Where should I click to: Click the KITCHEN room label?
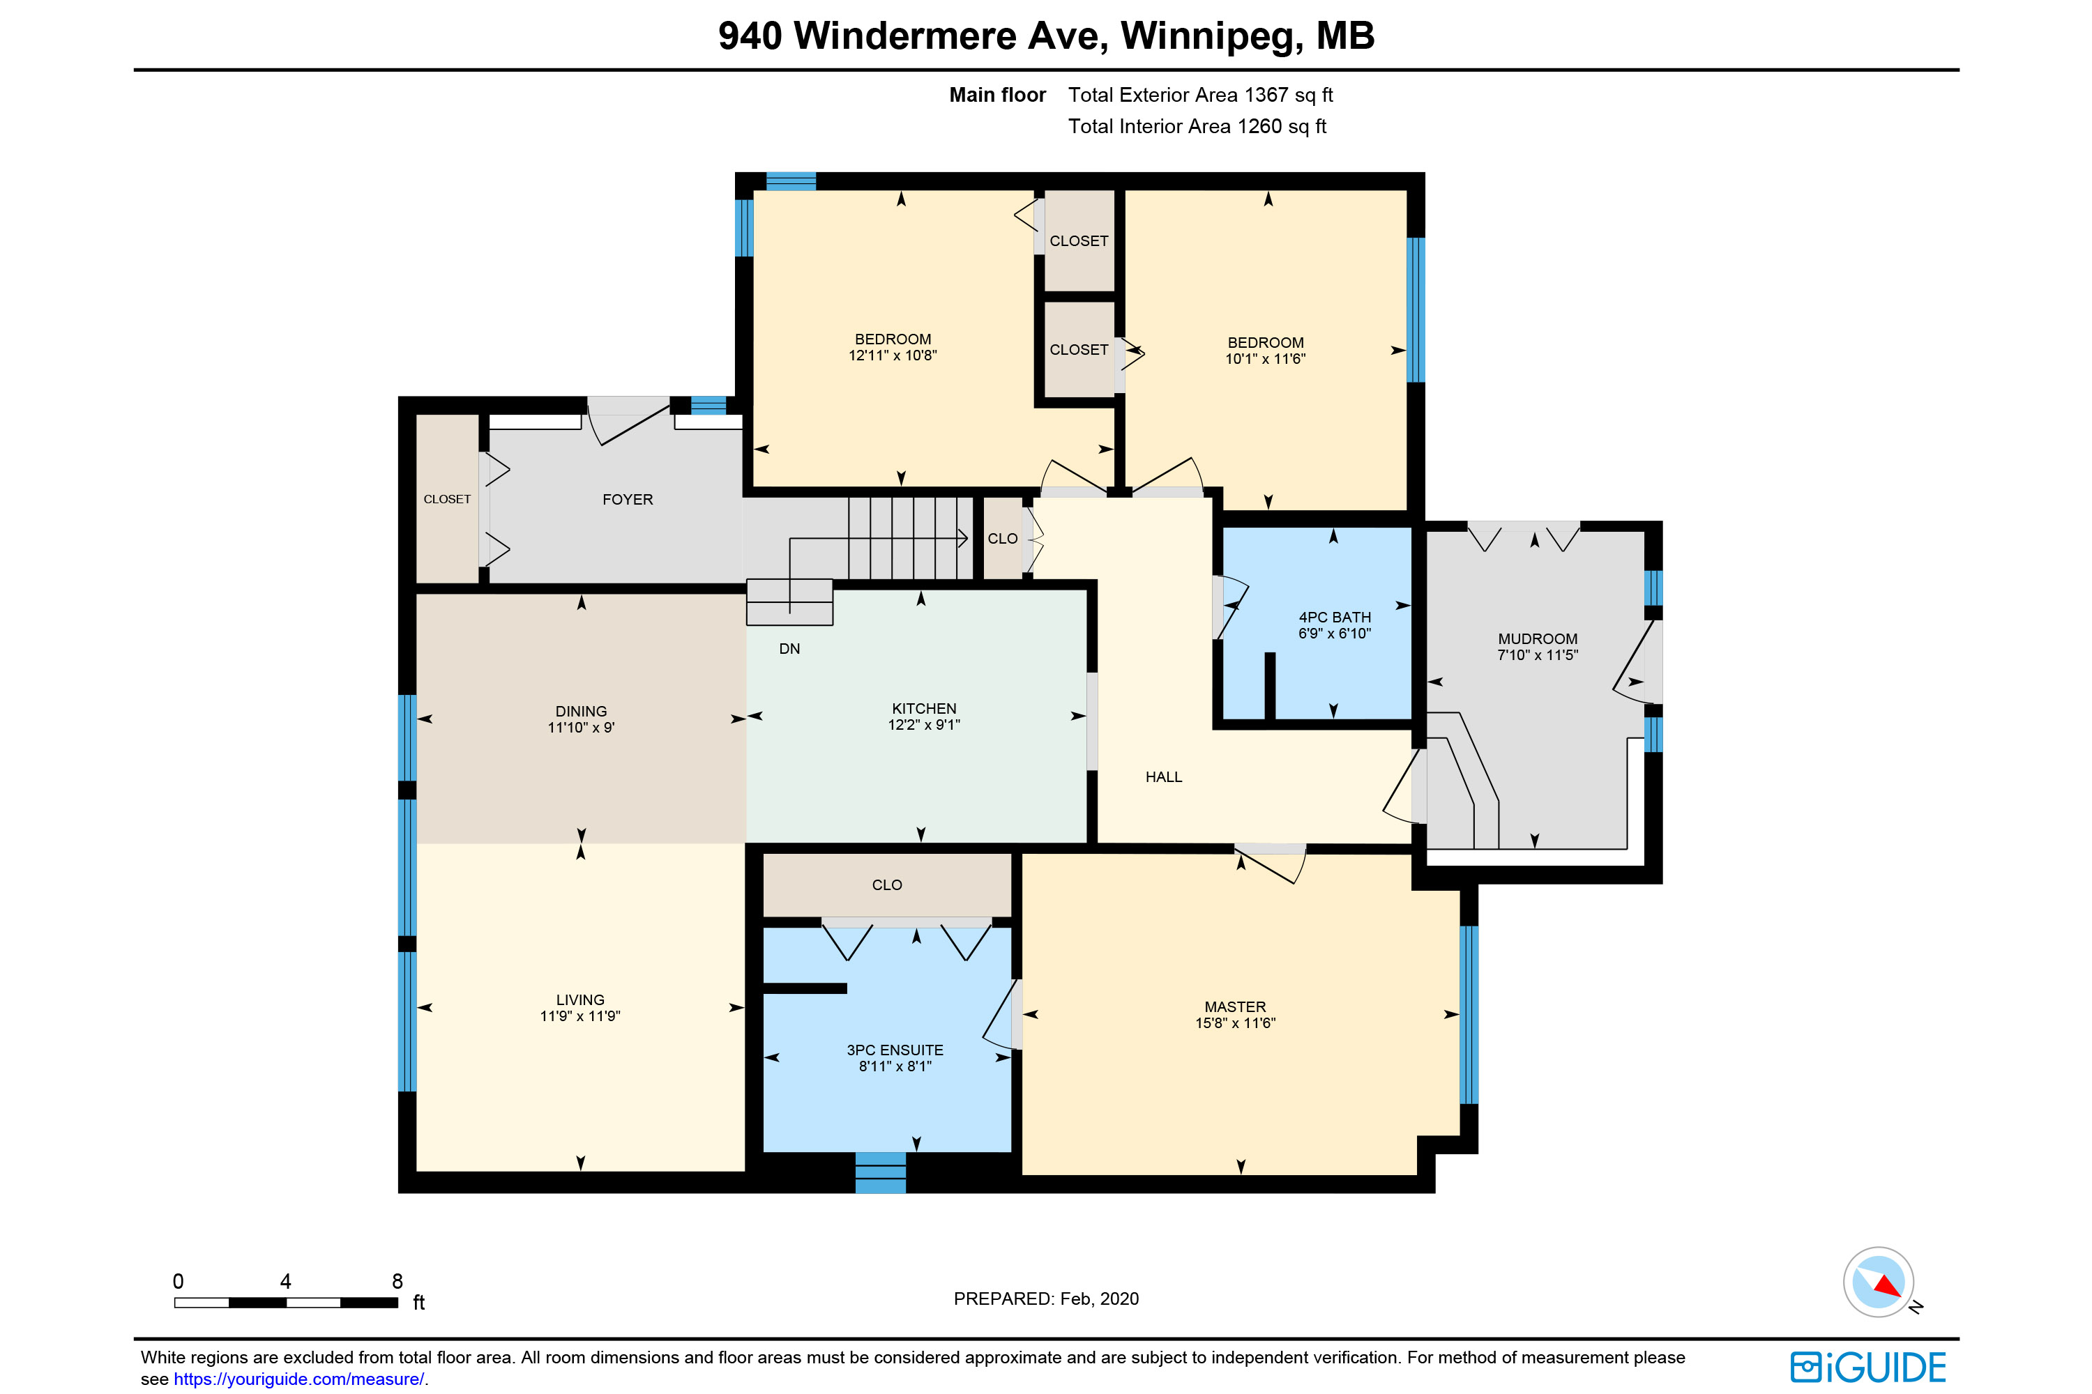point(924,709)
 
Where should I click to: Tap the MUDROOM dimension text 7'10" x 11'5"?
point(1537,655)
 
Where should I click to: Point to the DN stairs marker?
point(789,649)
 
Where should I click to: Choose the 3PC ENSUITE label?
point(895,1050)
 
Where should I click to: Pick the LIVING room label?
point(580,1000)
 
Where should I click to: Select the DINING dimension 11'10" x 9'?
point(581,727)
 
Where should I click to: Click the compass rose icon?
point(1878,1282)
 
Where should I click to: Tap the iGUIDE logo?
point(1868,1368)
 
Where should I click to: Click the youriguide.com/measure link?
point(299,1379)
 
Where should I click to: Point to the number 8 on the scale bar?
point(397,1281)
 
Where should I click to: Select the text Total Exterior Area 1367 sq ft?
point(1200,95)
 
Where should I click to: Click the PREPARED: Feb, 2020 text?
point(1046,1299)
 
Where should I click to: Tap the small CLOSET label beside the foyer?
point(446,500)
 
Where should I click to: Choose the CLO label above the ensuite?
point(887,884)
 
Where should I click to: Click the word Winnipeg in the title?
point(1211,36)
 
